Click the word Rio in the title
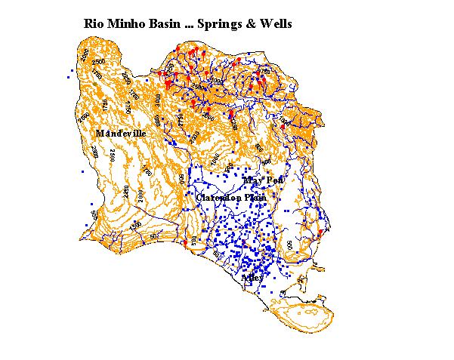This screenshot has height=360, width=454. click(x=94, y=24)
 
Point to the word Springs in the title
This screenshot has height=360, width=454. click(x=220, y=25)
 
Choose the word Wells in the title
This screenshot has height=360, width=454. click(x=274, y=24)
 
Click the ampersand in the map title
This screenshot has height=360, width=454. click(x=249, y=24)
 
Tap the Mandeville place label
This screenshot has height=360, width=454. click(x=120, y=134)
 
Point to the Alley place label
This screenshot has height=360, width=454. click(x=252, y=277)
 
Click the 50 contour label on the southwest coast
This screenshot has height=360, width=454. click(x=153, y=236)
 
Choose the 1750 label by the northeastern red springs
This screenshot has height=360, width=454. click(x=264, y=71)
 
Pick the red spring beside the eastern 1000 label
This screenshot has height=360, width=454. click(x=283, y=127)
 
